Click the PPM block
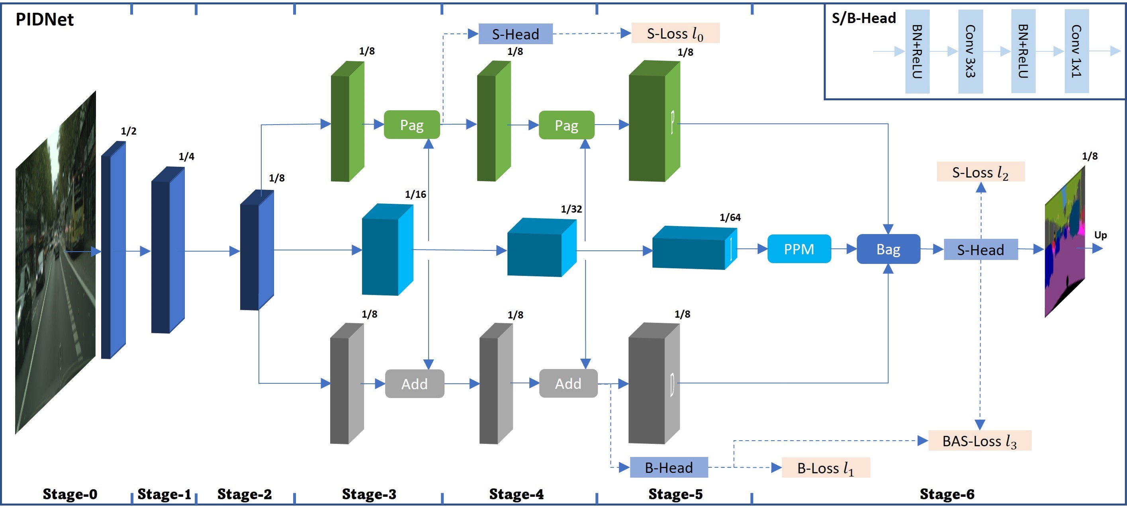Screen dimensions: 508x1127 799,249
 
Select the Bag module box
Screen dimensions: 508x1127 888,249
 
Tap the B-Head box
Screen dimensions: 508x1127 669,468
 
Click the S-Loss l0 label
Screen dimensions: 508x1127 675,33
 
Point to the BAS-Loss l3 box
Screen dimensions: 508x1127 980,441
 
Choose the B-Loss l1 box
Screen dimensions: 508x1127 826,468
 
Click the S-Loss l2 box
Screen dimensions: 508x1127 980,172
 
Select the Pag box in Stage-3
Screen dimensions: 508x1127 412,125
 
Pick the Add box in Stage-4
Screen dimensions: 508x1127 568,384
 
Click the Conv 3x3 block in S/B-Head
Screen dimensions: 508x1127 970,51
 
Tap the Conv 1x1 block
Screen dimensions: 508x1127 1076,51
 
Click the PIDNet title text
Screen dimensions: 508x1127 45,20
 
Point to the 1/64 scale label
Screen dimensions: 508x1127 730,217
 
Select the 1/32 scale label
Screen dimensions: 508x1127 571,209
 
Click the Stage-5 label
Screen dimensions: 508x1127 675,494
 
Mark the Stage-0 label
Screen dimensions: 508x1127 70,494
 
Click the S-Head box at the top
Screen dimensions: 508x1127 515,34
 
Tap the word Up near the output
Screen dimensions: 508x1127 1100,235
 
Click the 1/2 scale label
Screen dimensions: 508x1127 129,131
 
